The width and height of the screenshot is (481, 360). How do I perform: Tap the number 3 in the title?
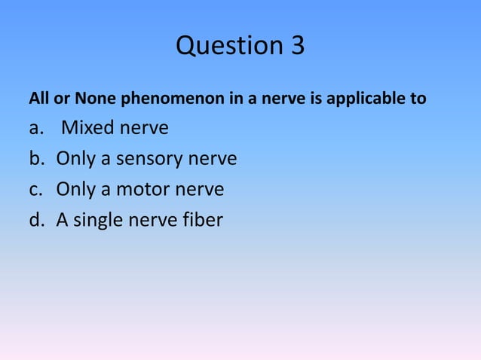(296, 47)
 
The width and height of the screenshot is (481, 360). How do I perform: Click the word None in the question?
(91, 99)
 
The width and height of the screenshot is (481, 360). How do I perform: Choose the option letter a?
(35, 129)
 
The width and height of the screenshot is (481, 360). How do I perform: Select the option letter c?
(35, 190)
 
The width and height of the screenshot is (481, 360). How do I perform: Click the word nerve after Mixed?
(144, 129)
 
